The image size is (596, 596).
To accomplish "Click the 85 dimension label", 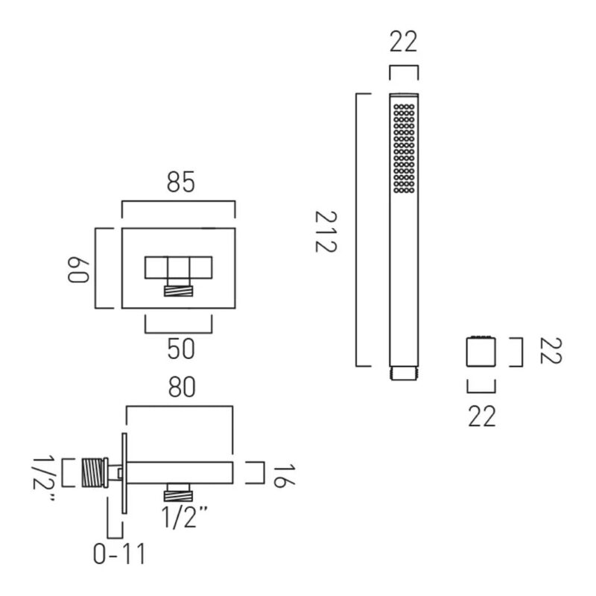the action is pos(180,182).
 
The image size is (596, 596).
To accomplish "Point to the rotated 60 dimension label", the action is pos(78,270).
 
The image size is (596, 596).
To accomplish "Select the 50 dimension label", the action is pos(181,349).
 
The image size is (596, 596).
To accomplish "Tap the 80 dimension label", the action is pos(182,387).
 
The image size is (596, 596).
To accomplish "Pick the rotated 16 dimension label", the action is pos(284,475).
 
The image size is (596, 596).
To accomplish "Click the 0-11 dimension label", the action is pos(119,554).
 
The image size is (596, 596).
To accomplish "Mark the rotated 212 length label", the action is pos(326,232).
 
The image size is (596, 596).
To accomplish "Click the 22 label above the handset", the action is pos(403,42).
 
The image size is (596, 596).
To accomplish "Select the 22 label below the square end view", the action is pos(481,416).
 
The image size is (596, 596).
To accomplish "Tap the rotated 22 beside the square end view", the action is pos(551,350).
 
